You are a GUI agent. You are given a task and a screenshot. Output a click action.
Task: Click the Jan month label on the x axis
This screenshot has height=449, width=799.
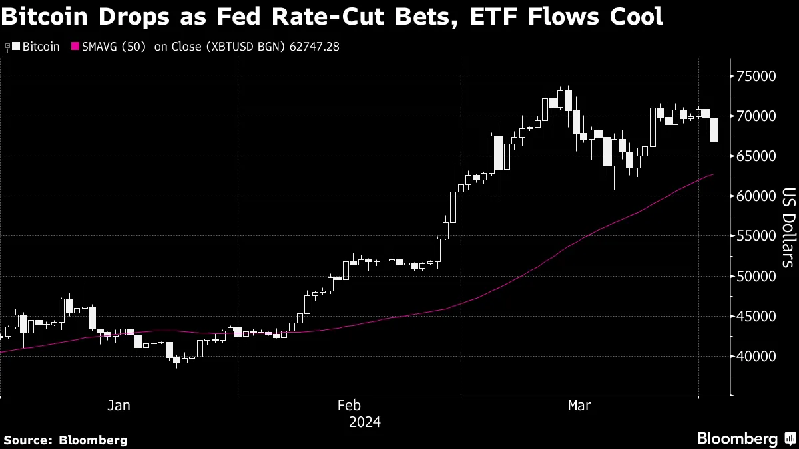(x=119, y=406)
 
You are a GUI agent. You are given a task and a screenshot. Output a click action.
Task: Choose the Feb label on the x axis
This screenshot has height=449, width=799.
(x=350, y=406)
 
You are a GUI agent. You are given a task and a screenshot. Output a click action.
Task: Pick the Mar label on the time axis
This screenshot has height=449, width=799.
(x=580, y=406)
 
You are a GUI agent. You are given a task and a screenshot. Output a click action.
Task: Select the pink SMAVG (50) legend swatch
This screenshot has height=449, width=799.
(x=75, y=47)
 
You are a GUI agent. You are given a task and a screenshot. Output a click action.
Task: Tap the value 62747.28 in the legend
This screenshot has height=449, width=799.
(x=311, y=47)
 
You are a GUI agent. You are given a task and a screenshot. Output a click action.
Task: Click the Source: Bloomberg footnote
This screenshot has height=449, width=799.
(x=65, y=440)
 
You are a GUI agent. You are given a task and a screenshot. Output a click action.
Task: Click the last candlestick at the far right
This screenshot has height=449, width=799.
(x=714, y=130)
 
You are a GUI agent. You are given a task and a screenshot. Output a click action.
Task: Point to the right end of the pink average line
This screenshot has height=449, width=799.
(x=714, y=174)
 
